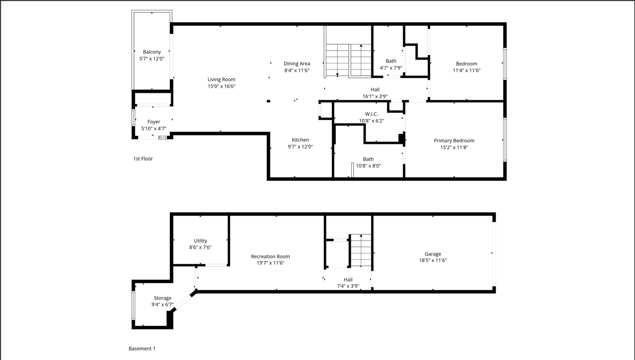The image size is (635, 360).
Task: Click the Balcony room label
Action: coord(152,52)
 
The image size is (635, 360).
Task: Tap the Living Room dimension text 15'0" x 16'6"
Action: coord(221,86)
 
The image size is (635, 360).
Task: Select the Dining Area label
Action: coord(297,63)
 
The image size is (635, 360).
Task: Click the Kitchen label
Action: coord(300,140)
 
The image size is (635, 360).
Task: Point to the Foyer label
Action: coord(154,122)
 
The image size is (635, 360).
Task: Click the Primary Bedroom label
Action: coord(454,141)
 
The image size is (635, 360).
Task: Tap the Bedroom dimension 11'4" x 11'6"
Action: coord(466,70)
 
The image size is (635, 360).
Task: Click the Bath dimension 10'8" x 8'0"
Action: coord(368,166)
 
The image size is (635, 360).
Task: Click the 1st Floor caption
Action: coord(143,159)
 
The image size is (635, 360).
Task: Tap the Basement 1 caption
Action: coord(142,349)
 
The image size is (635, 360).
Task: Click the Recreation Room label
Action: coord(270,256)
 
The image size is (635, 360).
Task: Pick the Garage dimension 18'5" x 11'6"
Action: coord(432,260)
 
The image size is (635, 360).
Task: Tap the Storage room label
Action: coord(162,298)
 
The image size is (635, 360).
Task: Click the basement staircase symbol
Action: coord(360,250)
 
